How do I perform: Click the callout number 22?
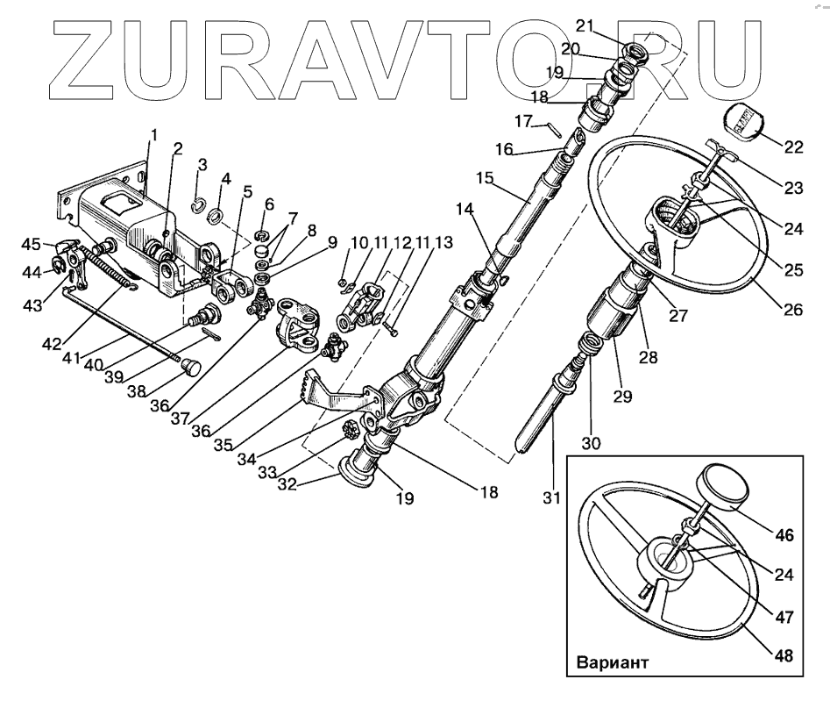[794, 147]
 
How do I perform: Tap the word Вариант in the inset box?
[614, 662]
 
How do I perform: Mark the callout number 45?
[31, 243]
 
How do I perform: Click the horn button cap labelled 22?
[742, 123]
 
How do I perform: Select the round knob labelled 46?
[722, 488]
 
